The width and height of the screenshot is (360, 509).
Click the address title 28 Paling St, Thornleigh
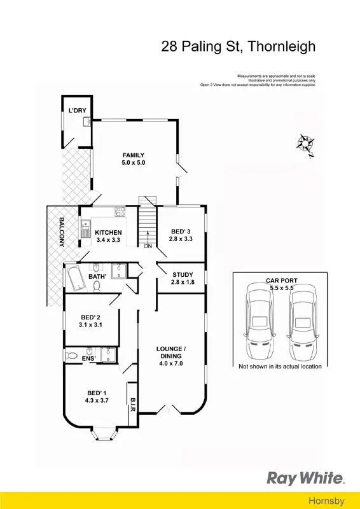pos(237,46)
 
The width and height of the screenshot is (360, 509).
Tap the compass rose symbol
pos(305,144)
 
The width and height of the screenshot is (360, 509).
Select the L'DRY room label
pos(77,111)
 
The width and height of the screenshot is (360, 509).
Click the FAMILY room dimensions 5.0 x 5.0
pos(134,164)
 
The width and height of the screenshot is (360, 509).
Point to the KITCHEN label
pos(107,232)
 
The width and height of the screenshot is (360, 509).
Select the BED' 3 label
pos(181,232)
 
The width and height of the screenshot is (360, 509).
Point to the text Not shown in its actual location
pos(280,367)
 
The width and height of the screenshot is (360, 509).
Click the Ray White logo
pos(305,478)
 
